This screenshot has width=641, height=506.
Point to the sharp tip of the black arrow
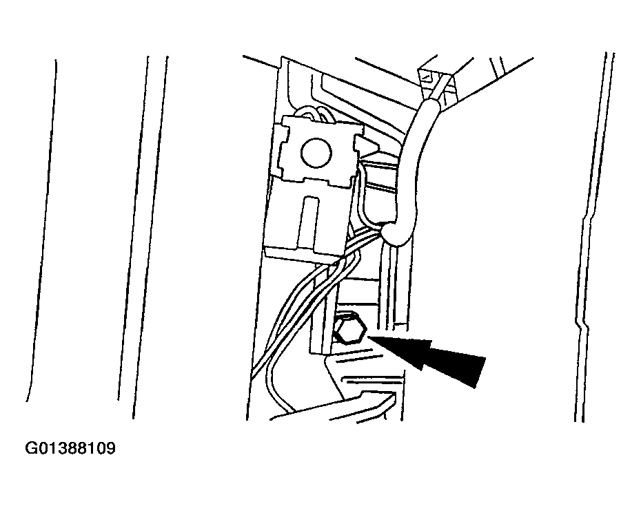tap(369, 336)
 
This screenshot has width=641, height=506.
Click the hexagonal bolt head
tap(349, 330)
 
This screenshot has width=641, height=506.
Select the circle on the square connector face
tap(316, 152)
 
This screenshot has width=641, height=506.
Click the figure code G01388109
tap(70, 448)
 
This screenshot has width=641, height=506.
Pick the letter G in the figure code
tap(31, 448)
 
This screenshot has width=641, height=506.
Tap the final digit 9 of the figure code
tap(111, 448)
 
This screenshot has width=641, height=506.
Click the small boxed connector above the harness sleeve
tap(438, 84)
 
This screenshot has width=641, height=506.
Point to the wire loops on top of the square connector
tap(315, 114)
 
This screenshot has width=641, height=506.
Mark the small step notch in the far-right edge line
tap(582, 323)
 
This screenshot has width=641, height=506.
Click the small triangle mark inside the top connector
tap(427, 76)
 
